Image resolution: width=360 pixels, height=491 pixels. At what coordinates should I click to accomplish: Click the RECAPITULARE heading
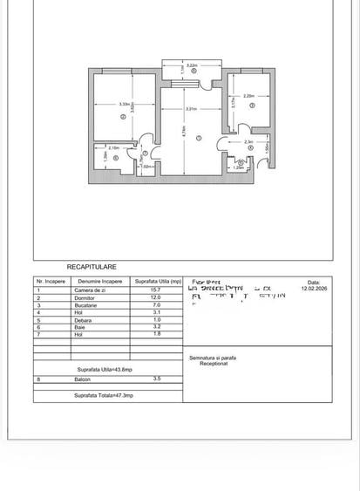click(92, 267)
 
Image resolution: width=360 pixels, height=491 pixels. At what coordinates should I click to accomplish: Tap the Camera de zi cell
click(89, 290)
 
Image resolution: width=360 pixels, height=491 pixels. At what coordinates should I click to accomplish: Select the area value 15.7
click(156, 290)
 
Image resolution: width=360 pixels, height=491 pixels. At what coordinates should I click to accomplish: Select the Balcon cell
click(85, 378)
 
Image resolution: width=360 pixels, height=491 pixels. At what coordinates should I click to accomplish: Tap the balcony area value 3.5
click(156, 378)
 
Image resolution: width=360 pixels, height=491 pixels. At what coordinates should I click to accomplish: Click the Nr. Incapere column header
click(51, 282)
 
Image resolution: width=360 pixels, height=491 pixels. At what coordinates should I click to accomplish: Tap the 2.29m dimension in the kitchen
click(249, 96)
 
